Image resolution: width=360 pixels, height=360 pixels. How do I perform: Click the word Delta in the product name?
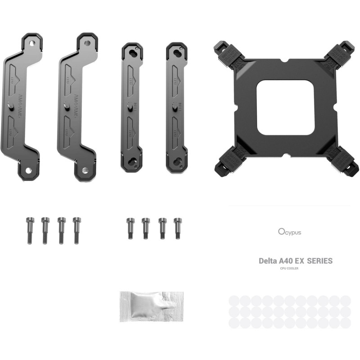click(x=268, y=261)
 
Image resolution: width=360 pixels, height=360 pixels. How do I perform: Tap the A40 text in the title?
click(x=288, y=261)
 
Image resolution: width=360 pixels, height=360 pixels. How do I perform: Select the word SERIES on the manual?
click(x=320, y=261)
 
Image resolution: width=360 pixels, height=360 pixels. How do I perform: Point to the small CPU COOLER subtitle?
click(x=288, y=269)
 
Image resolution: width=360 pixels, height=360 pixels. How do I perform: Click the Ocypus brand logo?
click(x=289, y=232)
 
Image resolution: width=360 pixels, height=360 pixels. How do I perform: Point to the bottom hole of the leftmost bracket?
click(x=28, y=171)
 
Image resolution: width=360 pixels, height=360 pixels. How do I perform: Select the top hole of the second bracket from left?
click(x=87, y=43)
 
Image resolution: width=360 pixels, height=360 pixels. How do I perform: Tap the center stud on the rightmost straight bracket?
click(x=175, y=106)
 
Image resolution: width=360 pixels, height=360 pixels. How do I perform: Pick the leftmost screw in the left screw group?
click(x=30, y=229)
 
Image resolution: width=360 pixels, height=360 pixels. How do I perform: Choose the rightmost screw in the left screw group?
click(x=77, y=229)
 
